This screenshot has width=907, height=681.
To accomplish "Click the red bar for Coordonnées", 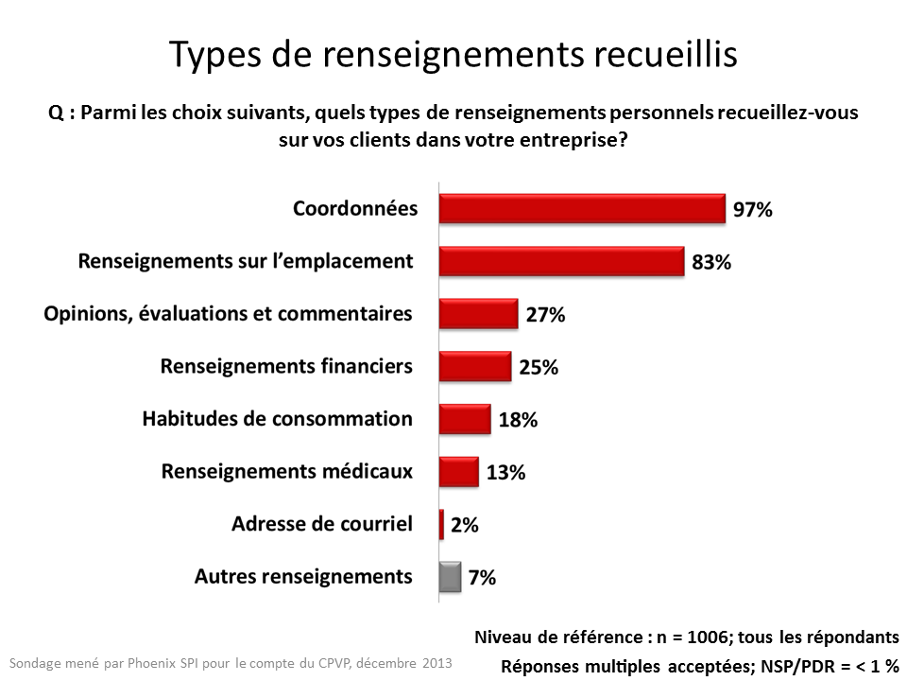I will tap(582, 207).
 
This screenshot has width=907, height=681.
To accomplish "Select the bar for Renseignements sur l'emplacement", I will tap(561, 260).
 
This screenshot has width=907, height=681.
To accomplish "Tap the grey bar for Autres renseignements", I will tap(451, 576).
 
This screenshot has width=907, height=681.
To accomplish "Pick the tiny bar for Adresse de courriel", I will tap(441, 523).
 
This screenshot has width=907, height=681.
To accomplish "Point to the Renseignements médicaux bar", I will tap(459, 470).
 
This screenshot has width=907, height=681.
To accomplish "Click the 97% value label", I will tap(753, 210).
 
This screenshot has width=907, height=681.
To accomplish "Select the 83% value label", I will tap(711, 263).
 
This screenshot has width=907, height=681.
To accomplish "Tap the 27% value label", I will tap(545, 316).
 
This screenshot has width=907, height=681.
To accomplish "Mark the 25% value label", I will tap(539, 368).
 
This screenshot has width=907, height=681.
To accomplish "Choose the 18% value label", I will tap(518, 421).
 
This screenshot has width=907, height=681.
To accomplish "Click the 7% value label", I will tap(482, 577).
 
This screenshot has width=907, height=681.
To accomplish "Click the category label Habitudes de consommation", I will tap(277, 418).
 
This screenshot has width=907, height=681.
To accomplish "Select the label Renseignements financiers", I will tap(286, 365).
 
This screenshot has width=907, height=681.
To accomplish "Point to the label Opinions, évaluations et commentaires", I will tap(229, 313).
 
